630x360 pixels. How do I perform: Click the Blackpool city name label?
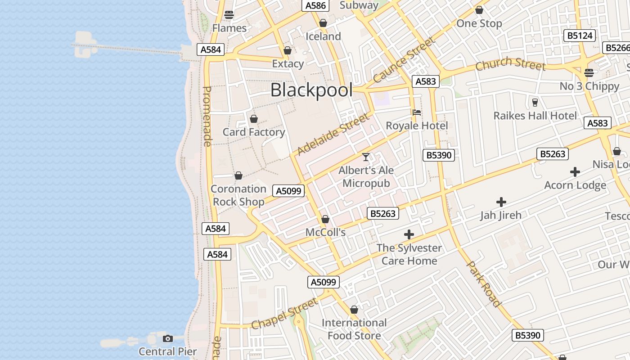pyautogui.click(x=311, y=90)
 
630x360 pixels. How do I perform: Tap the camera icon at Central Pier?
pyautogui.click(x=168, y=338)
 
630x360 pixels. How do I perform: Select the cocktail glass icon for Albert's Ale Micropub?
pyautogui.click(x=366, y=157)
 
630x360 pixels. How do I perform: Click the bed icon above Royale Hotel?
pyautogui.click(x=417, y=112)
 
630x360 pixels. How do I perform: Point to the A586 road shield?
pyautogui.click(x=315, y=5)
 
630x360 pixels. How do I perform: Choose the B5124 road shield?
pyautogui.click(x=580, y=36)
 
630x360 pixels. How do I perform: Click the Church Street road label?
pyautogui.click(x=510, y=64)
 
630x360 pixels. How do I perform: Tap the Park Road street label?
pyautogui.click(x=484, y=283)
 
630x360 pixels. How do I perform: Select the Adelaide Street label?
pyautogui.click(x=333, y=134)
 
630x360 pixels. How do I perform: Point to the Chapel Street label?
pyautogui.click(x=284, y=313)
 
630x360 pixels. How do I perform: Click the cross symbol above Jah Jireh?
pyautogui.click(x=501, y=202)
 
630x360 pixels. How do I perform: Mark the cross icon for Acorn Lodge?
pyautogui.click(x=575, y=172)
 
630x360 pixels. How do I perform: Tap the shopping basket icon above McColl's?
pyautogui.click(x=325, y=219)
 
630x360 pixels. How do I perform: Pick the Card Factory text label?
pyautogui.click(x=254, y=132)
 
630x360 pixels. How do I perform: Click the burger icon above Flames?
pyautogui.click(x=229, y=14)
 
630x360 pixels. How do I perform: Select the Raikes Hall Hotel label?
pyautogui.click(x=535, y=116)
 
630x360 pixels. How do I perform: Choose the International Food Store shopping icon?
pyautogui.click(x=354, y=310)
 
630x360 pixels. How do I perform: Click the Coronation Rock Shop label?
pyautogui.click(x=238, y=195)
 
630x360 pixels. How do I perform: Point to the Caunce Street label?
pyautogui.click(x=404, y=59)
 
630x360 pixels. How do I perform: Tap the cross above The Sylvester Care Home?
pyautogui.click(x=409, y=234)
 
